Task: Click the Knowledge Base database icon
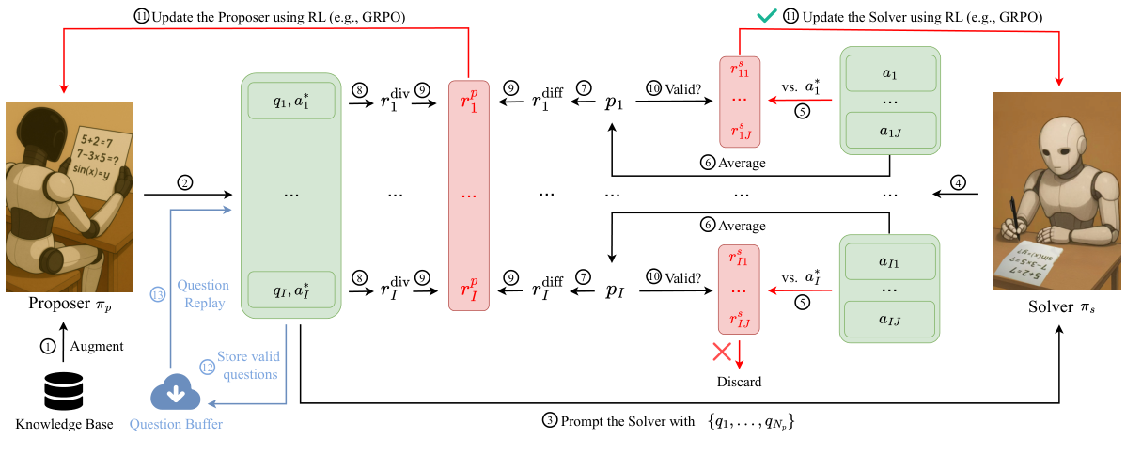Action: tap(63, 391)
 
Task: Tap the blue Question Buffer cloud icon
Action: tap(175, 394)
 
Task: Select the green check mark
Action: tap(769, 16)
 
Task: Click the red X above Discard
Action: tap(722, 353)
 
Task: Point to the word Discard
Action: tap(739, 381)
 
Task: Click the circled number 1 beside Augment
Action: tap(47, 346)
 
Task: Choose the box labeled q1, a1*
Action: tap(290, 102)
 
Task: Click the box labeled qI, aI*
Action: tap(290, 290)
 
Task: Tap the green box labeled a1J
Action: tap(890, 130)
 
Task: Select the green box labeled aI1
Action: tap(890, 261)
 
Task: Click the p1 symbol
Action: tap(613, 103)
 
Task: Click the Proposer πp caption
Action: tap(70, 304)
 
